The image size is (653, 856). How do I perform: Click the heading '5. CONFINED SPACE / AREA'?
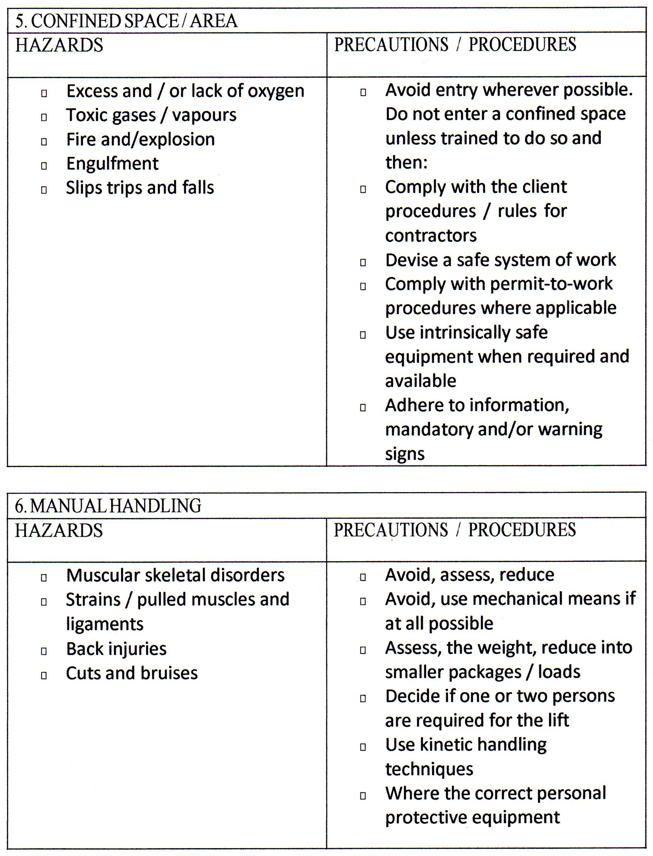[126, 21]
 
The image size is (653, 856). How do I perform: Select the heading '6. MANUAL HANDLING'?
[108, 505]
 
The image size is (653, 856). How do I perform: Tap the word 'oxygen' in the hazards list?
[276, 92]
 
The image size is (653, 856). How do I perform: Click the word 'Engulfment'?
[112, 164]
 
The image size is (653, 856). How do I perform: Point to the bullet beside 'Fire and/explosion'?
[44, 141]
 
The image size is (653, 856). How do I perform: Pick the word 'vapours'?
[204, 115]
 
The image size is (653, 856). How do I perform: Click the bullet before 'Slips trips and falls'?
[44, 190]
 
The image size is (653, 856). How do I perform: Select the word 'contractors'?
[431, 236]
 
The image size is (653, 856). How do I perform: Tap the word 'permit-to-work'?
[551, 284]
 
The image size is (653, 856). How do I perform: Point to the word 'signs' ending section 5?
[405, 454]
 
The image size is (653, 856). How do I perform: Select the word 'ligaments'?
[104, 624]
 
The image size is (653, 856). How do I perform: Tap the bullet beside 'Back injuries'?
[44, 651]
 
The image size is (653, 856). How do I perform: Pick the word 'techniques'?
[429, 769]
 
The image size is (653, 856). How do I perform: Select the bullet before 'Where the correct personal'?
[363, 796]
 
